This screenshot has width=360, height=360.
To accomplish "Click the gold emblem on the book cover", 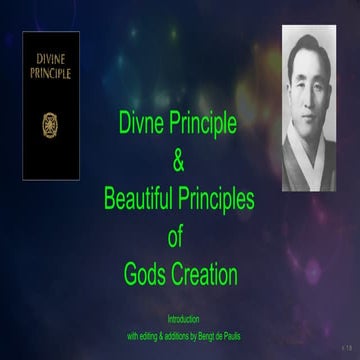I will pyautogui.click(x=50, y=125).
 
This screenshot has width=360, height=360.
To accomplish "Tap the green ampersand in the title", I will pyautogui.click(x=180, y=161).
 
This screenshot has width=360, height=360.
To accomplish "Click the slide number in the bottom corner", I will pyautogui.click(x=346, y=346).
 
